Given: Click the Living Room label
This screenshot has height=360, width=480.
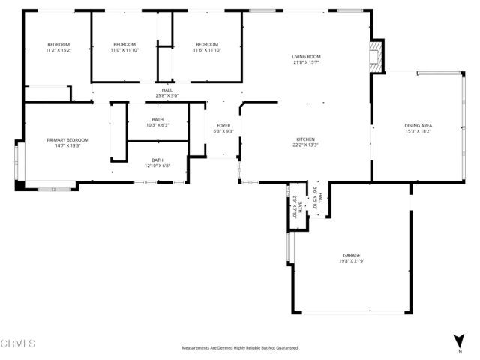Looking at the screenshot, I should point(306,57).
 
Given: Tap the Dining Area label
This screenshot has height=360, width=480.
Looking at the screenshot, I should point(418,125).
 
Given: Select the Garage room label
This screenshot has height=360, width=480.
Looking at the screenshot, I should point(352,255).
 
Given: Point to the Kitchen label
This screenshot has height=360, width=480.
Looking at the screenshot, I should point(305,139).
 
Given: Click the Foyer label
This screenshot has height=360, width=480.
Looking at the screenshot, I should point(223,125).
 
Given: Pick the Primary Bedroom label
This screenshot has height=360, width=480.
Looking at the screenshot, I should point(67,140).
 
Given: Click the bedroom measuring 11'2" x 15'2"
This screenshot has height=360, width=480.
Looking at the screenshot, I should point(58,47).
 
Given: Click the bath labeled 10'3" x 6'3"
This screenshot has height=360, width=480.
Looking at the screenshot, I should point(157,121).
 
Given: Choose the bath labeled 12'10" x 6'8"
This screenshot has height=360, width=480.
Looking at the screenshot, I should point(157,162).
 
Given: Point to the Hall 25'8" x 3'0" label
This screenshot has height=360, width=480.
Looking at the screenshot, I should point(167,92).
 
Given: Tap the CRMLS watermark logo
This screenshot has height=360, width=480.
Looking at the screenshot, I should point(19,344).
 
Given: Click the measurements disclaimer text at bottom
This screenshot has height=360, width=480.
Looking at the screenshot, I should point(240,348).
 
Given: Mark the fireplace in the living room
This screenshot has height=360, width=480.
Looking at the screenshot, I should point(376,56).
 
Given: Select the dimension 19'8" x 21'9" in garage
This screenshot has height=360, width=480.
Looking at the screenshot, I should point(352,260).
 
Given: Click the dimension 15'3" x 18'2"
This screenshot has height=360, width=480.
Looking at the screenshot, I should point(418,130).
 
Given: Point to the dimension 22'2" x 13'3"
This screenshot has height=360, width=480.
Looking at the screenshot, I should point(305,145).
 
